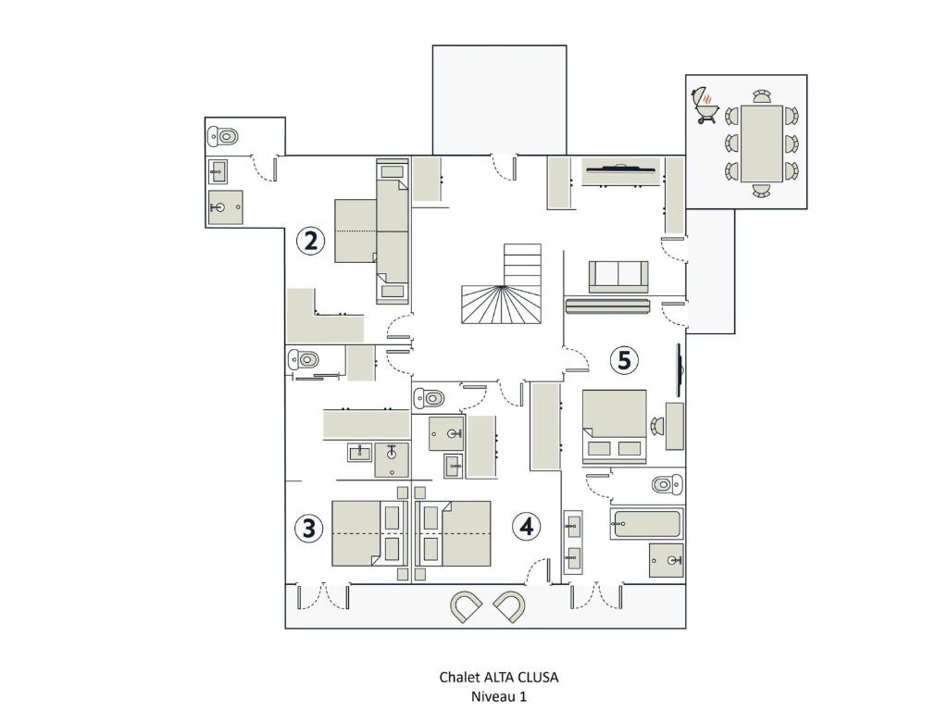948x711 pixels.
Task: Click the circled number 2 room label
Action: click(310, 241)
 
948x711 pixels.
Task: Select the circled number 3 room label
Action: click(309, 528)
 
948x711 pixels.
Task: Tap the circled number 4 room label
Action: click(527, 527)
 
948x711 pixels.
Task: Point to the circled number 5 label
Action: click(624, 360)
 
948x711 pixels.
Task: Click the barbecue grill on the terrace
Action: click(704, 106)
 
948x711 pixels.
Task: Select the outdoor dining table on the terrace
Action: click(761, 143)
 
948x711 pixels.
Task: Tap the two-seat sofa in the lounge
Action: click(618, 276)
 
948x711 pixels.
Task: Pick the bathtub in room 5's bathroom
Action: click(646, 524)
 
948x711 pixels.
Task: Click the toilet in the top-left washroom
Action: click(223, 137)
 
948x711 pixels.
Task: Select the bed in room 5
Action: click(615, 426)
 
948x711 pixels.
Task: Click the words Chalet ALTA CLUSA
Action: click(499, 677)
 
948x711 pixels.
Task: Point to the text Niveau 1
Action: click(499, 696)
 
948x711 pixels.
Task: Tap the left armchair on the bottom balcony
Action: click(467, 606)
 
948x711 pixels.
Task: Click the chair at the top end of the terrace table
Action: click(762, 96)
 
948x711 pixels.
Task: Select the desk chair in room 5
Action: click(656, 426)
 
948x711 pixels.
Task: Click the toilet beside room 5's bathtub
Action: click(667, 484)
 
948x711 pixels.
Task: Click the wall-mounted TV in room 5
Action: click(680, 369)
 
